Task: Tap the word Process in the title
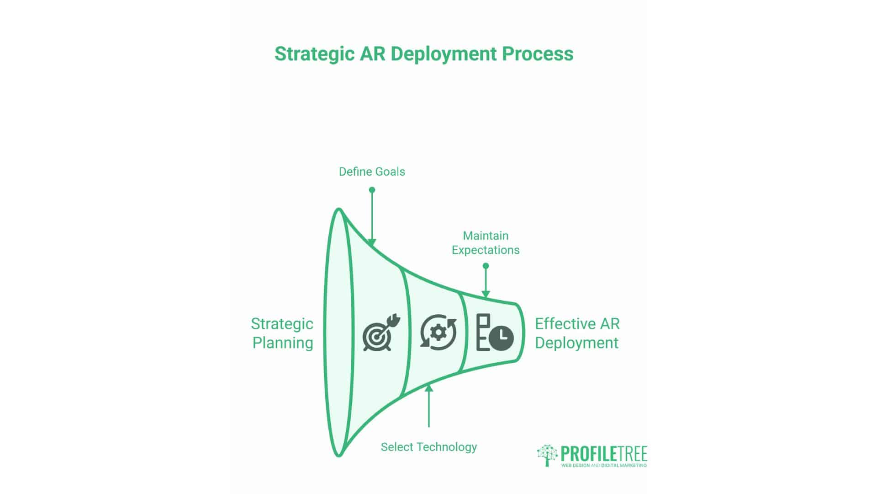pos(538,54)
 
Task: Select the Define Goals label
pos(372,172)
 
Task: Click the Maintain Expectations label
pos(486,243)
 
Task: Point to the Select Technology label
pos(428,447)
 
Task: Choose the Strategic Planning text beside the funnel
pos(282,333)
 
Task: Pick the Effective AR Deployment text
pos(577,333)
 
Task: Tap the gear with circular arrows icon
pos(438,332)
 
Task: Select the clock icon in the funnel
pos(501,338)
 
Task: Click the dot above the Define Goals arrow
pos(372,190)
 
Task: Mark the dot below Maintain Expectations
pos(486,266)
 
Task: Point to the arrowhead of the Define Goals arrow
pos(372,243)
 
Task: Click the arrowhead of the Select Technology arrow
pos(428,388)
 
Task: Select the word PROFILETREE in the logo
pos(603,454)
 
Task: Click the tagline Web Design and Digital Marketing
pos(603,465)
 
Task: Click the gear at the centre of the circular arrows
pos(438,332)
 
